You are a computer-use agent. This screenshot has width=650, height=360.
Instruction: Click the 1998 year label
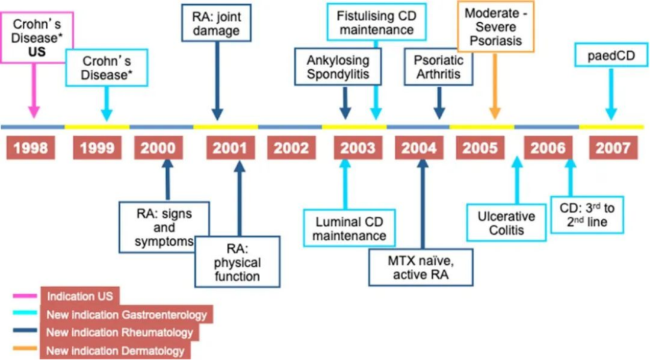click(31, 148)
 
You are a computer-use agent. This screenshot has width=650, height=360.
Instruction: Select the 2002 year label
click(291, 148)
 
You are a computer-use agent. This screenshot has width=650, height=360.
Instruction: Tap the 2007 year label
click(613, 148)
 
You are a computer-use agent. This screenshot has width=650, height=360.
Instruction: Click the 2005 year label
click(480, 148)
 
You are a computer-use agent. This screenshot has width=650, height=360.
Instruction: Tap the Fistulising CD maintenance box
click(376, 22)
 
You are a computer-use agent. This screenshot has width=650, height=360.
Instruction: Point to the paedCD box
click(611, 57)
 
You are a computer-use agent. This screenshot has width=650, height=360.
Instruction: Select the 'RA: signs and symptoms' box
click(164, 228)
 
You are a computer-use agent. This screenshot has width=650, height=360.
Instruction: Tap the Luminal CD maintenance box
click(349, 229)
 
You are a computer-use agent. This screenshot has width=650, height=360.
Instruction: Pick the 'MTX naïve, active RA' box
click(422, 268)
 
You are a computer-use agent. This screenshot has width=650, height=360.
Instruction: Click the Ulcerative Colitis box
click(507, 223)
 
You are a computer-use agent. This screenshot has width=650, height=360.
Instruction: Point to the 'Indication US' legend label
click(80, 296)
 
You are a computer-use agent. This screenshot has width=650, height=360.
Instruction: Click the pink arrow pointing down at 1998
click(33, 91)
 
